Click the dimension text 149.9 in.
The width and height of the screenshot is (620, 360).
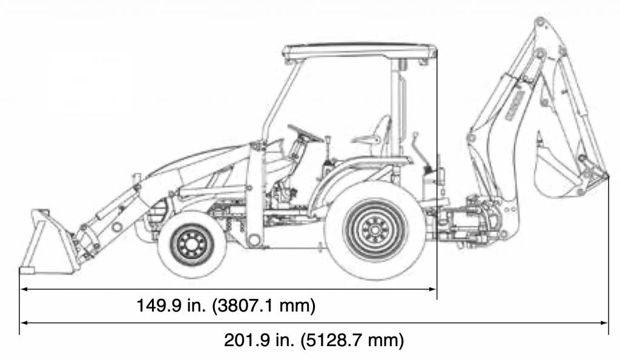pos(171,306)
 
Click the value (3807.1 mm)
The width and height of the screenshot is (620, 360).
pos(264,306)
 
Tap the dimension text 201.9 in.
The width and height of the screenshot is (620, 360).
pos(259,340)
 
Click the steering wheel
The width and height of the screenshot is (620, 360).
pos(305,134)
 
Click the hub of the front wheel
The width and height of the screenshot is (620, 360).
pos(192,244)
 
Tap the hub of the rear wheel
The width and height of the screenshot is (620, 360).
pos(374,231)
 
